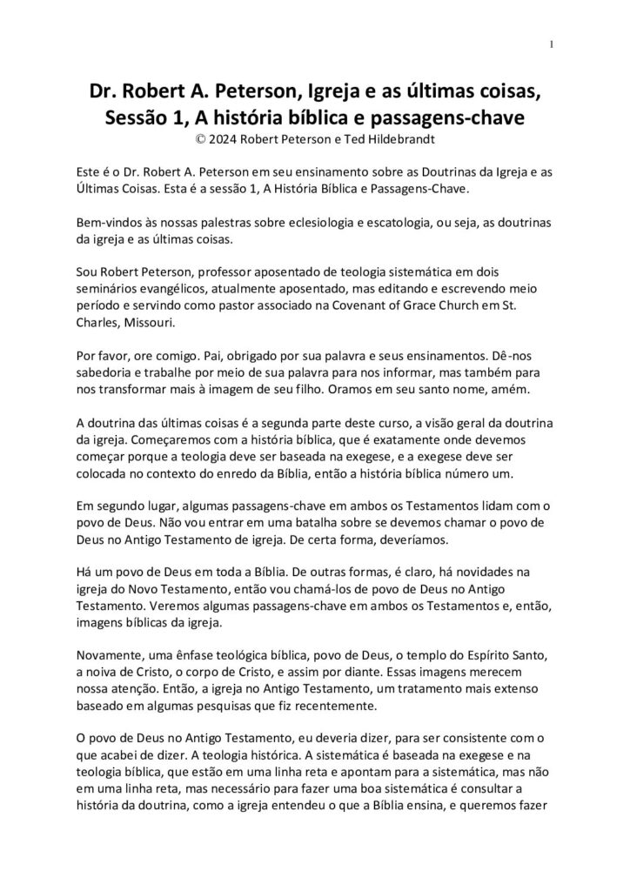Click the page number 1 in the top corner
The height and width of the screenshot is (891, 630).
(552, 45)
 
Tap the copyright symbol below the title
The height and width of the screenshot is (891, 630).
(203, 137)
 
